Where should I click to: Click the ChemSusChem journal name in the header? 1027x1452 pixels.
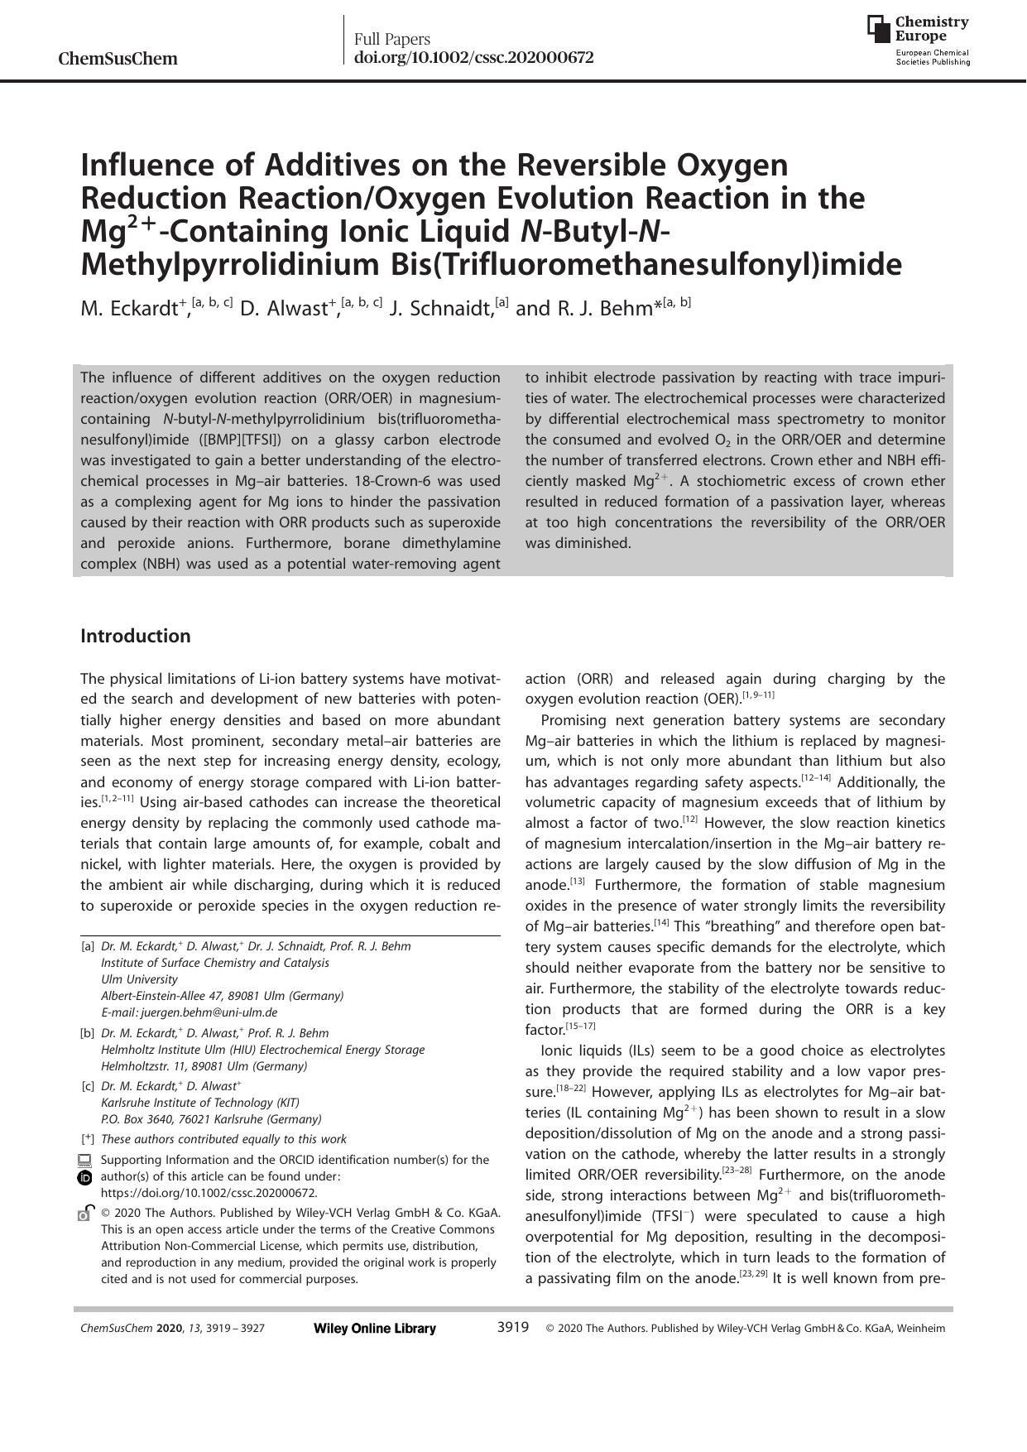click(x=118, y=59)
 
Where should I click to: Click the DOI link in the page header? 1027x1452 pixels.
click(x=473, y=58)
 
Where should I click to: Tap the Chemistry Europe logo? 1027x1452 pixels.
click(x=918, y=39)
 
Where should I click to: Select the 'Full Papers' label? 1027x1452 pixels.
click(x=392, y=39)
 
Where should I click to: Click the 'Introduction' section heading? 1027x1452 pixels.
click(x=135, y=636)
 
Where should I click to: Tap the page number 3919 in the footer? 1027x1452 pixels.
click(x=512, y=1328)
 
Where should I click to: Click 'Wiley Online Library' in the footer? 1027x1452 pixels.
click(x=375, y=1329)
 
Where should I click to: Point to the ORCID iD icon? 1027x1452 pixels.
click(x=84, y=1177)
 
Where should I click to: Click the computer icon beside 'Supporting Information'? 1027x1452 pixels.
click(x=84, y=1160)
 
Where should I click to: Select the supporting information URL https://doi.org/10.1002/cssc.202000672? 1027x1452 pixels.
click(x=209, y=1193)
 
